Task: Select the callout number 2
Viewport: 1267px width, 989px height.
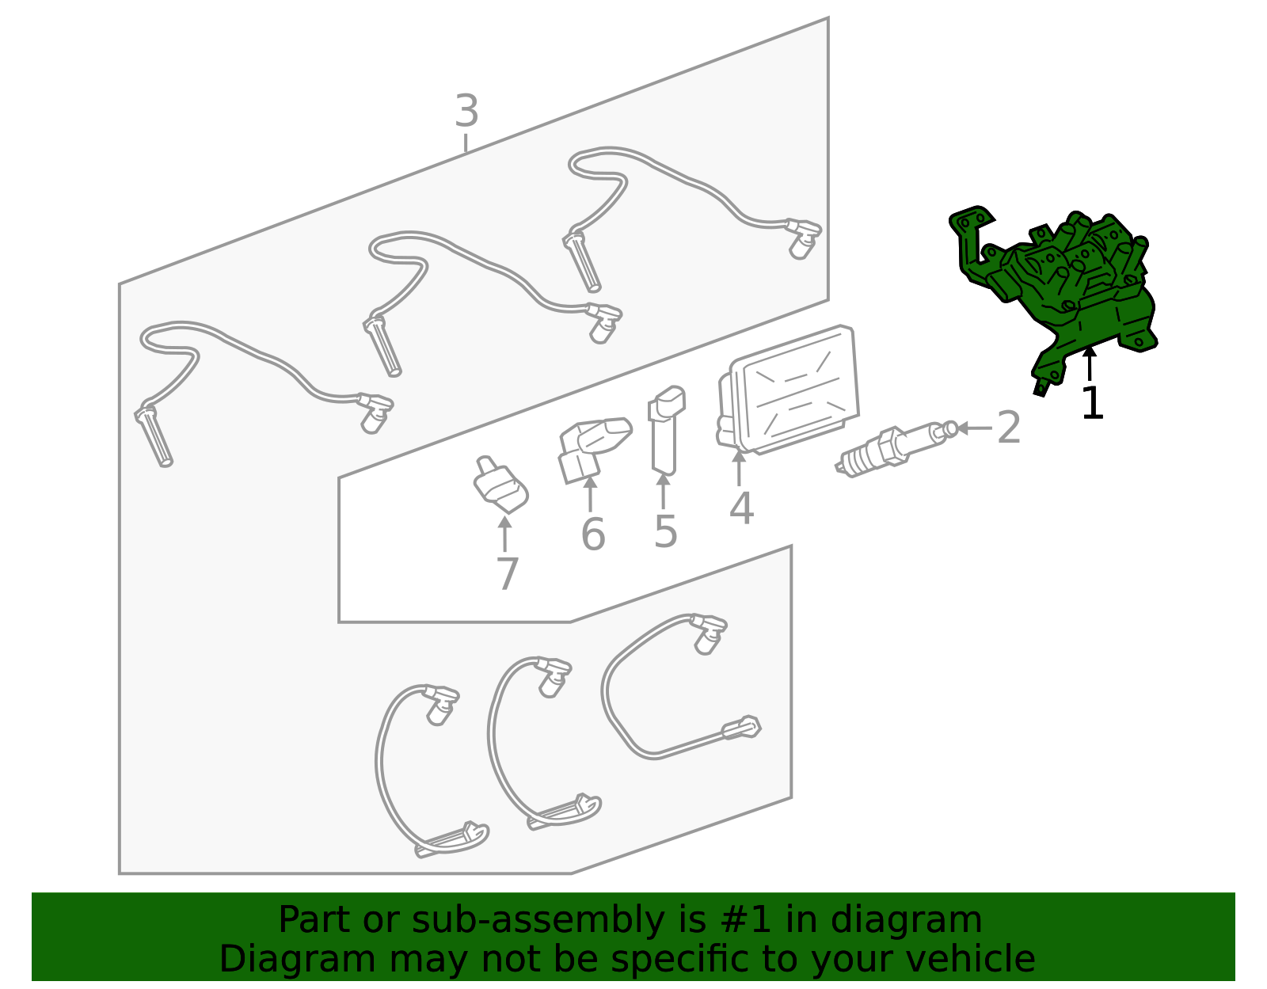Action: (x=1009, y=427)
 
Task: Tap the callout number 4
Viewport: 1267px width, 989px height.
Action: (x=741, y=508)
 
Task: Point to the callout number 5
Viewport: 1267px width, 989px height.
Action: (x=666, y=531)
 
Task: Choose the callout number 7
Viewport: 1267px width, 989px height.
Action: (x=507, y=573)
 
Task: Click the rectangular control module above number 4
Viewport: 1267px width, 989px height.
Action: (x=788, y=390)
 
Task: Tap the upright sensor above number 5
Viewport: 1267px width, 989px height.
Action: (x=666, y=430)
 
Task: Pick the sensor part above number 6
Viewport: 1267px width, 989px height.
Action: (x=594, y=449)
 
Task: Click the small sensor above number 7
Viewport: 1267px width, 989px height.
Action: (x=500, y=485)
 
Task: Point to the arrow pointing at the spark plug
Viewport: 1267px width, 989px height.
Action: (x=975, y=428)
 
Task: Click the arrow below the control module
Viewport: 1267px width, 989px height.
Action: (x=739, y=468)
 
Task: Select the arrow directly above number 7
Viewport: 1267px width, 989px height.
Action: (x=505, y=534)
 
